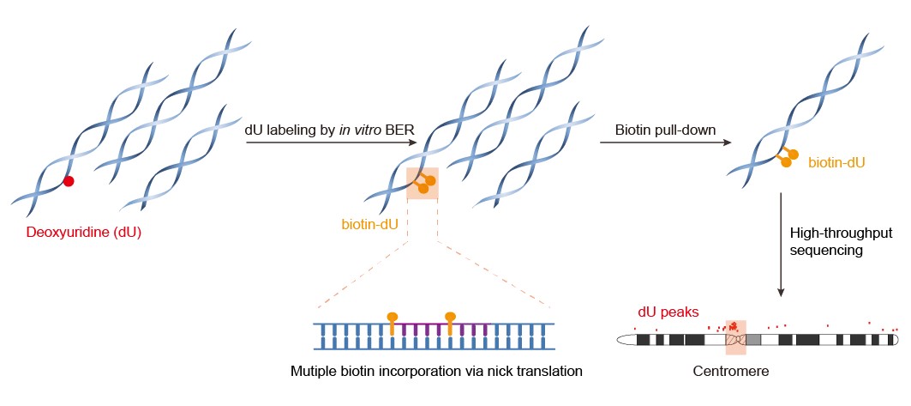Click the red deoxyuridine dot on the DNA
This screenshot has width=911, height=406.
[x=69, y=181]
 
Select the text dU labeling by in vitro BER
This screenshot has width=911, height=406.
[x=330, y=128]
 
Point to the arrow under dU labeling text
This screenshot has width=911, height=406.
[x=330, y=143]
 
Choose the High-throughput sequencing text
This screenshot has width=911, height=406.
[x=830, y=241]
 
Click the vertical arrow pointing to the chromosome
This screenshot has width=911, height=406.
[x=782, y=249]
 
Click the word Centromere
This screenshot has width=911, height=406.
[x=728, y=373]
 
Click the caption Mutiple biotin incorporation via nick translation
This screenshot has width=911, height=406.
[x=436, y=373]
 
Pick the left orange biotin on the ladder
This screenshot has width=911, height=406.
[x=393, y=318]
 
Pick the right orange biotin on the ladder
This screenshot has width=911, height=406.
[x=450, y=318]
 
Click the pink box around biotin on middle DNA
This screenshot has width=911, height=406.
[x=422, y=183]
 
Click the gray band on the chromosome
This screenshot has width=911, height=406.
[x=753, y=339]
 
